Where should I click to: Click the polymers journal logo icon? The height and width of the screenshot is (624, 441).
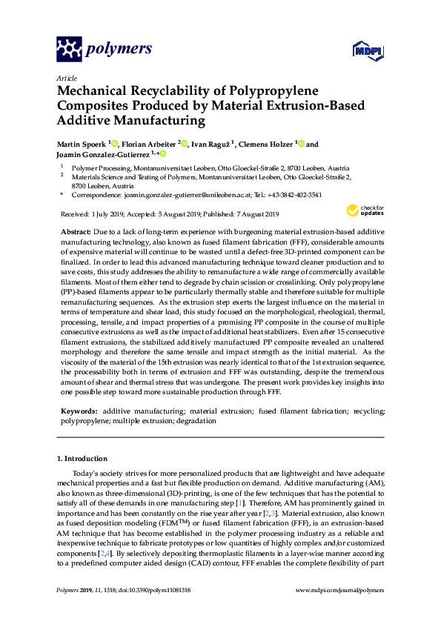tap(70, 49)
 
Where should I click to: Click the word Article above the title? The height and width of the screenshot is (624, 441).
tap(66, 77)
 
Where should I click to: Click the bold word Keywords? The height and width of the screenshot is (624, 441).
tap(79, 410)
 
